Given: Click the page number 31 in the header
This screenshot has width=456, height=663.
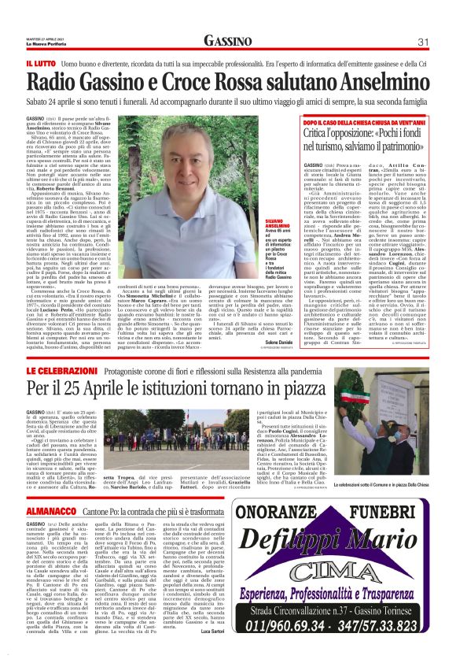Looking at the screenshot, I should tap(422, 41).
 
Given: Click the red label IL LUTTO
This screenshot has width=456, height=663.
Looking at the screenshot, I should tap(40, 61).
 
